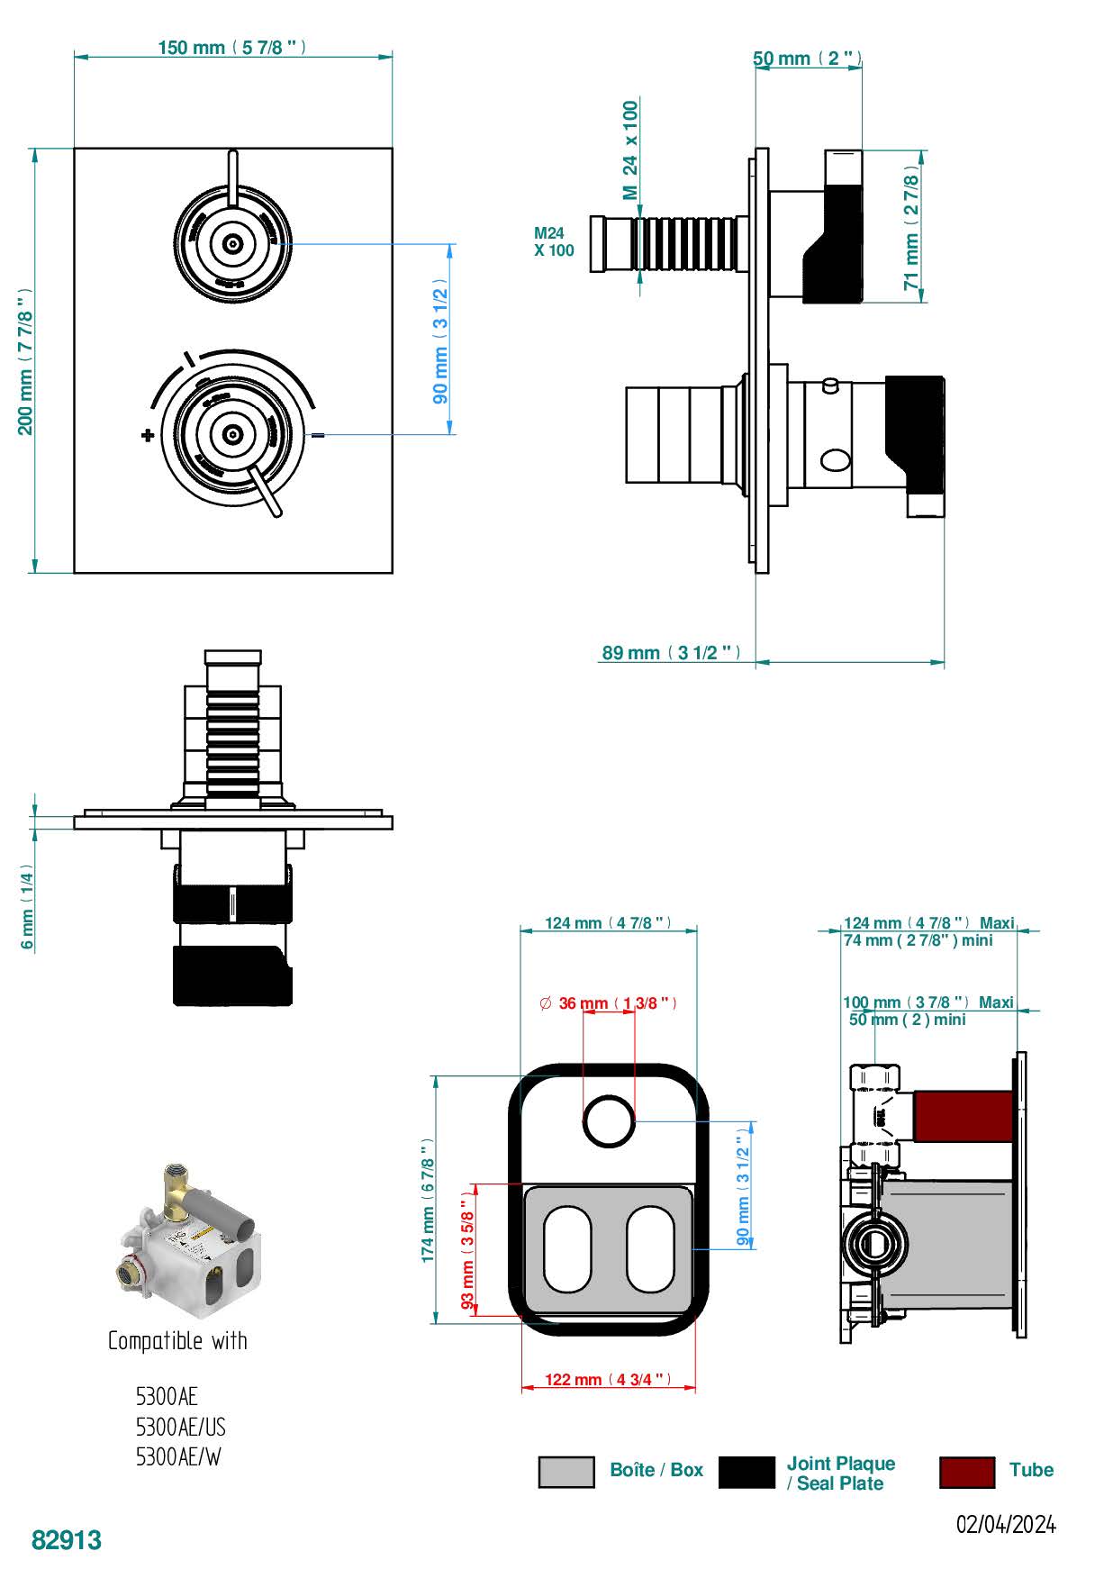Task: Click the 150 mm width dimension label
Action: (x=231, y=47)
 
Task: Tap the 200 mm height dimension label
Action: (x=25, y=360)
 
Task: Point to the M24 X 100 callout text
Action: (x=553, y=241)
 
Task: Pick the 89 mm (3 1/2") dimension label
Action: (x=671, y=652)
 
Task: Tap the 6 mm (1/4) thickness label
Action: (x=27, y=910)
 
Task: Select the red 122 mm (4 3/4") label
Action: (x=609, y=1379)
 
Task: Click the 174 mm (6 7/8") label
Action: (x=428, y=1200)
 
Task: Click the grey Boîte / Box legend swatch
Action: (x=566, y=1472)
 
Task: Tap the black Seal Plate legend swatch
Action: (x=747, y=1472)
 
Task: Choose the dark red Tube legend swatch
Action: (x=966, y=1472)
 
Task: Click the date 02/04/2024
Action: (x=1005, y=1524)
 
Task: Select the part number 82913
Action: (x=67, y=1540)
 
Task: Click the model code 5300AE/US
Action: (x=180, y=1428)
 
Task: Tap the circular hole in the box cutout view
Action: (x=609, y=1122)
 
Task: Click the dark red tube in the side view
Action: (x=963, y=1115)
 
